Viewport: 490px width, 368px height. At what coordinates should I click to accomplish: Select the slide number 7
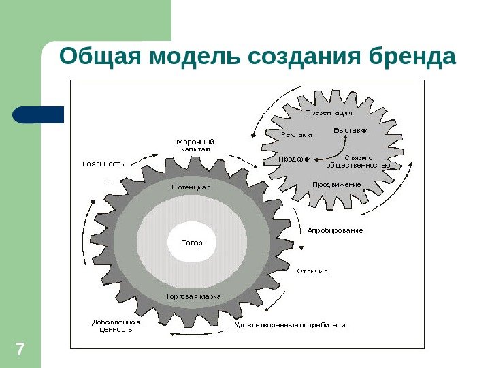pyautogui.click(x=20, y=351)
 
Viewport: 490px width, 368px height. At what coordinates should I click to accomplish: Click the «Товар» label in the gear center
pyautogui.click(x=191, y=242)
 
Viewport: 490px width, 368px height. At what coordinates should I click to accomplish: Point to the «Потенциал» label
pyautogui.click(x=191, y=186)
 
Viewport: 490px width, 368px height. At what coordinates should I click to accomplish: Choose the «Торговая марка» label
pyautogui.click(x=194, y=297)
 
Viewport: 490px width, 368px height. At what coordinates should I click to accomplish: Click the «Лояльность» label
pyautogui.click(x=103, y=164)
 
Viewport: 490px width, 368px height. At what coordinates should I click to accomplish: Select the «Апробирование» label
pyautogui.click(x=335, y=230)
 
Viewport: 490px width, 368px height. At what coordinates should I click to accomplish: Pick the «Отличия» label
pyautogui.click(x=312, y=271)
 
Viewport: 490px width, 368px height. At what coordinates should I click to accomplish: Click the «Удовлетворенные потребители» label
pyautogui.click(x=290, y=325)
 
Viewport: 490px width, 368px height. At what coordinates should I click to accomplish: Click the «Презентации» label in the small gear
pyautogui.click(x=328, y=112)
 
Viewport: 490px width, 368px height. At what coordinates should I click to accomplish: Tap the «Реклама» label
pyautogui.click(x=297, y=134)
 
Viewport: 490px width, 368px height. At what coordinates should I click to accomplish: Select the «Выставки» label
pyautogui.click(x=350, y=129)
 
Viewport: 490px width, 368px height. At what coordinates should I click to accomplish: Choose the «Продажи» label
pyautogui.click(x=295, y=159)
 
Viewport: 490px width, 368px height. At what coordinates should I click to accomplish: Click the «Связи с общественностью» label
pyautogui.click(x=358, y=161)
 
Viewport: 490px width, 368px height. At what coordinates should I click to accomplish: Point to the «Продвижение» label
pyautogui.click(x=336, y=185)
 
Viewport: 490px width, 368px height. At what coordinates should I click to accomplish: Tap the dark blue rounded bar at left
pyautogui.click(x=39, y=114)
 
